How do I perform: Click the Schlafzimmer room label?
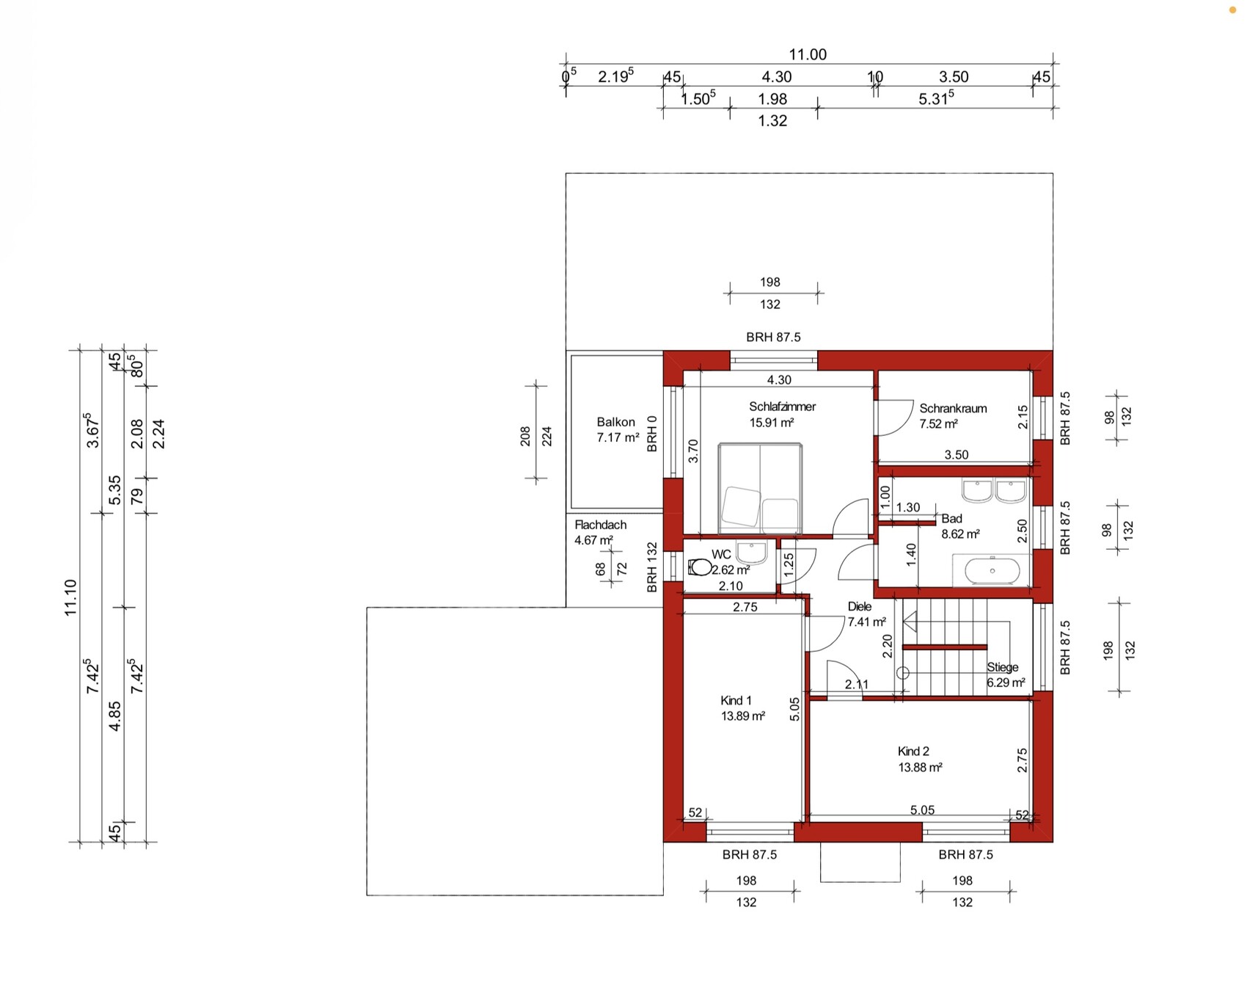782,407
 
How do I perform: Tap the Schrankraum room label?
953,409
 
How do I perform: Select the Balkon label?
615,422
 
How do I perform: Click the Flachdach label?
600,525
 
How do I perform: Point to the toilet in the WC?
700,567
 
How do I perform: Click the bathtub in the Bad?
992,570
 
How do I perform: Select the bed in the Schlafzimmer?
760,488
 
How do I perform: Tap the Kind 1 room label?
736,700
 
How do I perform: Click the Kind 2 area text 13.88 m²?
920,768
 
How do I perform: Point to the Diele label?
859,607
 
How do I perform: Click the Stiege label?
1002,667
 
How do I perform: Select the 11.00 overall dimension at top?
808,55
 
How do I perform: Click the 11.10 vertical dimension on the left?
70,597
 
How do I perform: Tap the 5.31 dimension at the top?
936,98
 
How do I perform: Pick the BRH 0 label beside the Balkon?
652,434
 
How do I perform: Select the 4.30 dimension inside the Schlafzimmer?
779,380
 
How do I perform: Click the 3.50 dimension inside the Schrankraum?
957,455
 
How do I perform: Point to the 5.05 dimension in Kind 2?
922,810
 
